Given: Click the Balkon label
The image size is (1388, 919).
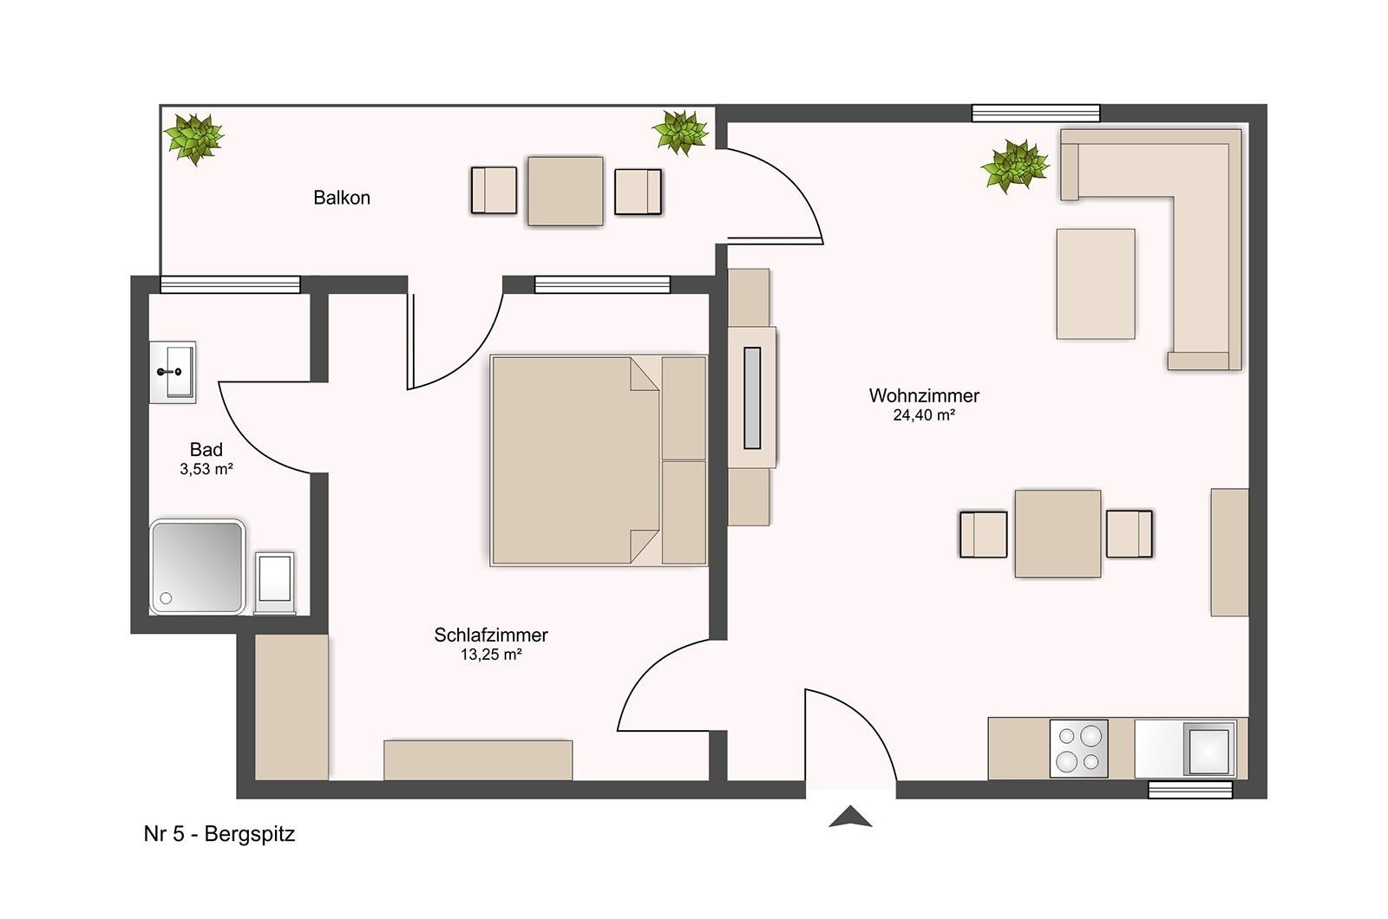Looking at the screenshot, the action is coord(342,198).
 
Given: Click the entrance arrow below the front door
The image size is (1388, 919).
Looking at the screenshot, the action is coord(851,817).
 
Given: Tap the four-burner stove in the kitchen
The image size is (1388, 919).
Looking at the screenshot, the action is coord(1079,748).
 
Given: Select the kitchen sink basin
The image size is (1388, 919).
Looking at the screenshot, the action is coord(1208,749).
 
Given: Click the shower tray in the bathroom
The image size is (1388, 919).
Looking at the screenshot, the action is coord(197,567).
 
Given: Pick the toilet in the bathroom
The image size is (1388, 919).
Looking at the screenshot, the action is coord(274,582).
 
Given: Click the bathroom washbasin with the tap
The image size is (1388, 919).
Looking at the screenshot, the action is coord(173,372).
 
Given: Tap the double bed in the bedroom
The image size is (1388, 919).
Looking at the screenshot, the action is coord(599,460).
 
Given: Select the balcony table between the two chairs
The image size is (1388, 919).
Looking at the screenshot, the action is coord(565,191).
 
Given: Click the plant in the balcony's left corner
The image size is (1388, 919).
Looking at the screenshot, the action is coord(194,139).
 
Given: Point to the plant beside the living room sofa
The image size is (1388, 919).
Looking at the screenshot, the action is coord(1015,166).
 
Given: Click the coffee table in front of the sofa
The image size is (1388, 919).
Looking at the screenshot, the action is coord(1096,284).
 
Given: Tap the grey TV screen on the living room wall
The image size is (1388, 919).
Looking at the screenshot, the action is coord(751,398).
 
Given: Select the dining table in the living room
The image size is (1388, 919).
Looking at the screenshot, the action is coord(1057,534).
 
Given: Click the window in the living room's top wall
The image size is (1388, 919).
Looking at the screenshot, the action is coord(1036,114).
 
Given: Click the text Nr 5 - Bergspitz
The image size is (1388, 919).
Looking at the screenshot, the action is coord(219,833).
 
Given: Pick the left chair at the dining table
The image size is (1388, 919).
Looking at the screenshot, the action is coord(984,534).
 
